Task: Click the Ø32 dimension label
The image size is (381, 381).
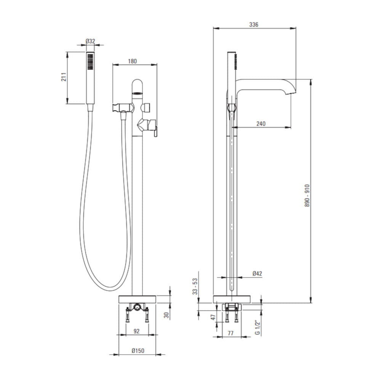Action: [x=90, y=41]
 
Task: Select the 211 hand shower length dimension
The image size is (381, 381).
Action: [x=64, y=77]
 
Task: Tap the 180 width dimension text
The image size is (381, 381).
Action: [x=132, y=61]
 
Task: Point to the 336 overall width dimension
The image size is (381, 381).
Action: [x=254, y=24]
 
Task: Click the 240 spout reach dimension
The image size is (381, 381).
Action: [x=261, y=124]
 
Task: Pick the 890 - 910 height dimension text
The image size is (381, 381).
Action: [x=307, y=195]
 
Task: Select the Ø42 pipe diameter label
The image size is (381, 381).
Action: [x=257, y=274]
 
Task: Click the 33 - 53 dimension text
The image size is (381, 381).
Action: [x=195, y=287]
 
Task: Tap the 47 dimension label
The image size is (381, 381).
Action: [x=213, y=317]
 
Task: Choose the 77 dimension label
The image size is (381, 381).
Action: [x=231, y=333]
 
